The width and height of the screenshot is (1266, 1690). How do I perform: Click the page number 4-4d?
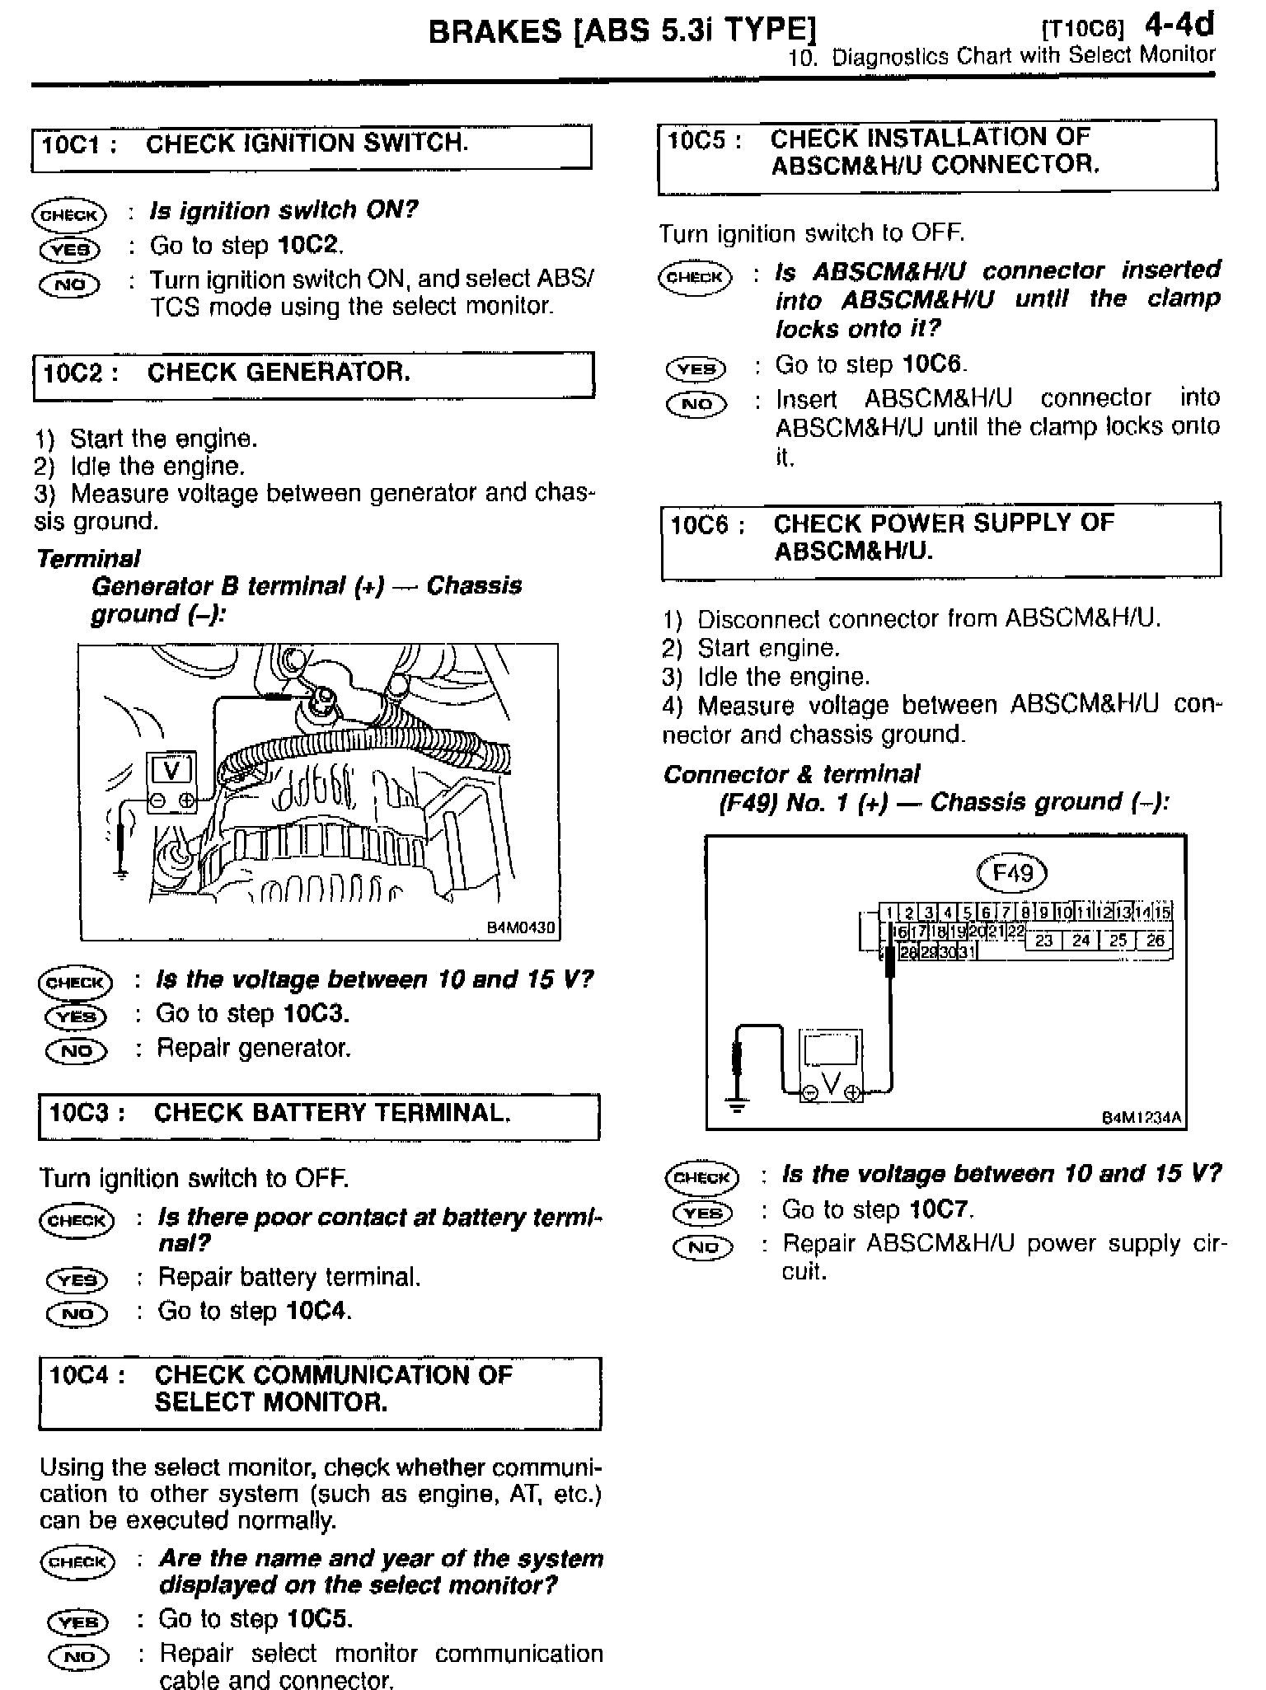click(1179, 25)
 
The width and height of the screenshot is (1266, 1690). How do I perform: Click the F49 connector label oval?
click(1011, 872)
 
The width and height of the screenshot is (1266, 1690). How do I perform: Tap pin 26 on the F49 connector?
click(1155, 940)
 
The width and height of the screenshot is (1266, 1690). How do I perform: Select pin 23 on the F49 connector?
click(1044, 940)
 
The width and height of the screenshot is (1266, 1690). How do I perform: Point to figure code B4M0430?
click(521, 927)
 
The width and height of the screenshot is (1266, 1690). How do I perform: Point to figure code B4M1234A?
click(1142, 1118)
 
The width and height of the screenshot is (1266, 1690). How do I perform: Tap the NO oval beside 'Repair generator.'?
click(77, 1051)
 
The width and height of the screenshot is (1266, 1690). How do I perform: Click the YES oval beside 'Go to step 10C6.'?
click(696, 369)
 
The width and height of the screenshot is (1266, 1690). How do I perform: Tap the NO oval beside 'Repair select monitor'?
click(79, 1655)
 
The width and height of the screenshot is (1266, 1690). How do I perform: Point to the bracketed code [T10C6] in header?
click(1083, 30)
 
